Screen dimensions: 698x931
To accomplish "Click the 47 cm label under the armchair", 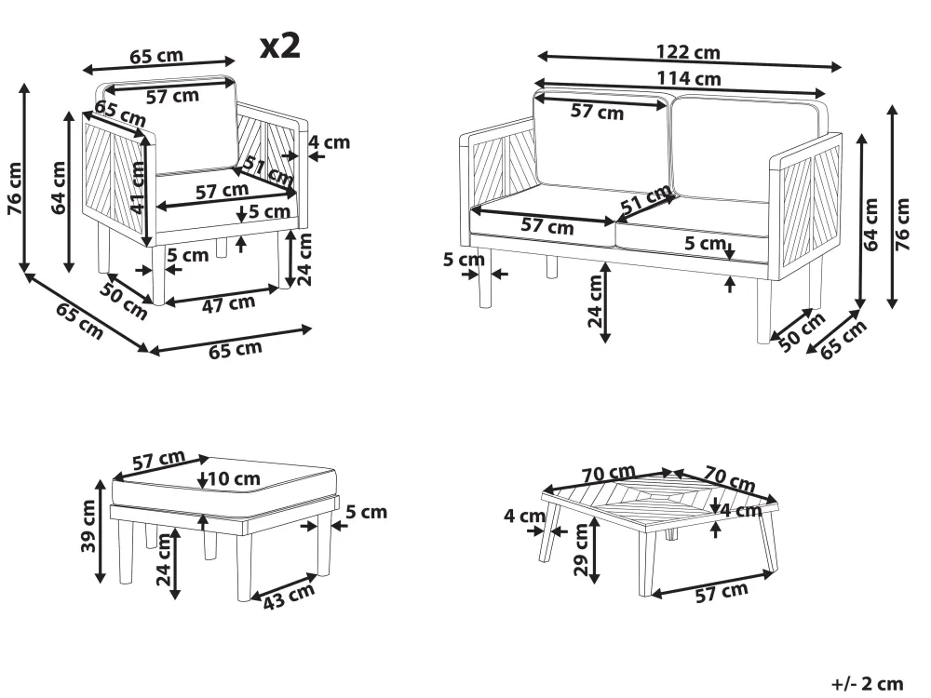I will click(x=229, y=302).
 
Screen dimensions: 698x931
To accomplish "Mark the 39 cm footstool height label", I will click(x=89, y=527).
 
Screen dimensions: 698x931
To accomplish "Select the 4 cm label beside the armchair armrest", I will click(x=330, y=142).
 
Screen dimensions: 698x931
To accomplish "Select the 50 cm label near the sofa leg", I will click(x=801, y=331).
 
